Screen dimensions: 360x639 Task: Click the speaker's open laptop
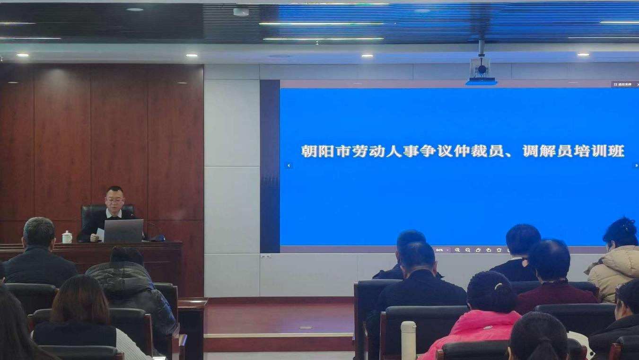(123, 230)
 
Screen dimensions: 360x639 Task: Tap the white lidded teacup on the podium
(67, 237)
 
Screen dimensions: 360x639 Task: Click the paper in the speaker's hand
(100, 234)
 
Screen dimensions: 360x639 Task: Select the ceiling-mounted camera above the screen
(481, 69)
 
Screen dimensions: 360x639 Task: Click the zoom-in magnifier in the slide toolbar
(457, 250)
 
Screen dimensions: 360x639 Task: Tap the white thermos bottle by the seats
(408, 340)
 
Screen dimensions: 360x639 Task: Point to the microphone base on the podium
(158, 239)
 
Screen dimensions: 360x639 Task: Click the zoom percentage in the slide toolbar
(439, 250)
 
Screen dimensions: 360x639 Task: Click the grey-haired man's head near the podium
(39, 232)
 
